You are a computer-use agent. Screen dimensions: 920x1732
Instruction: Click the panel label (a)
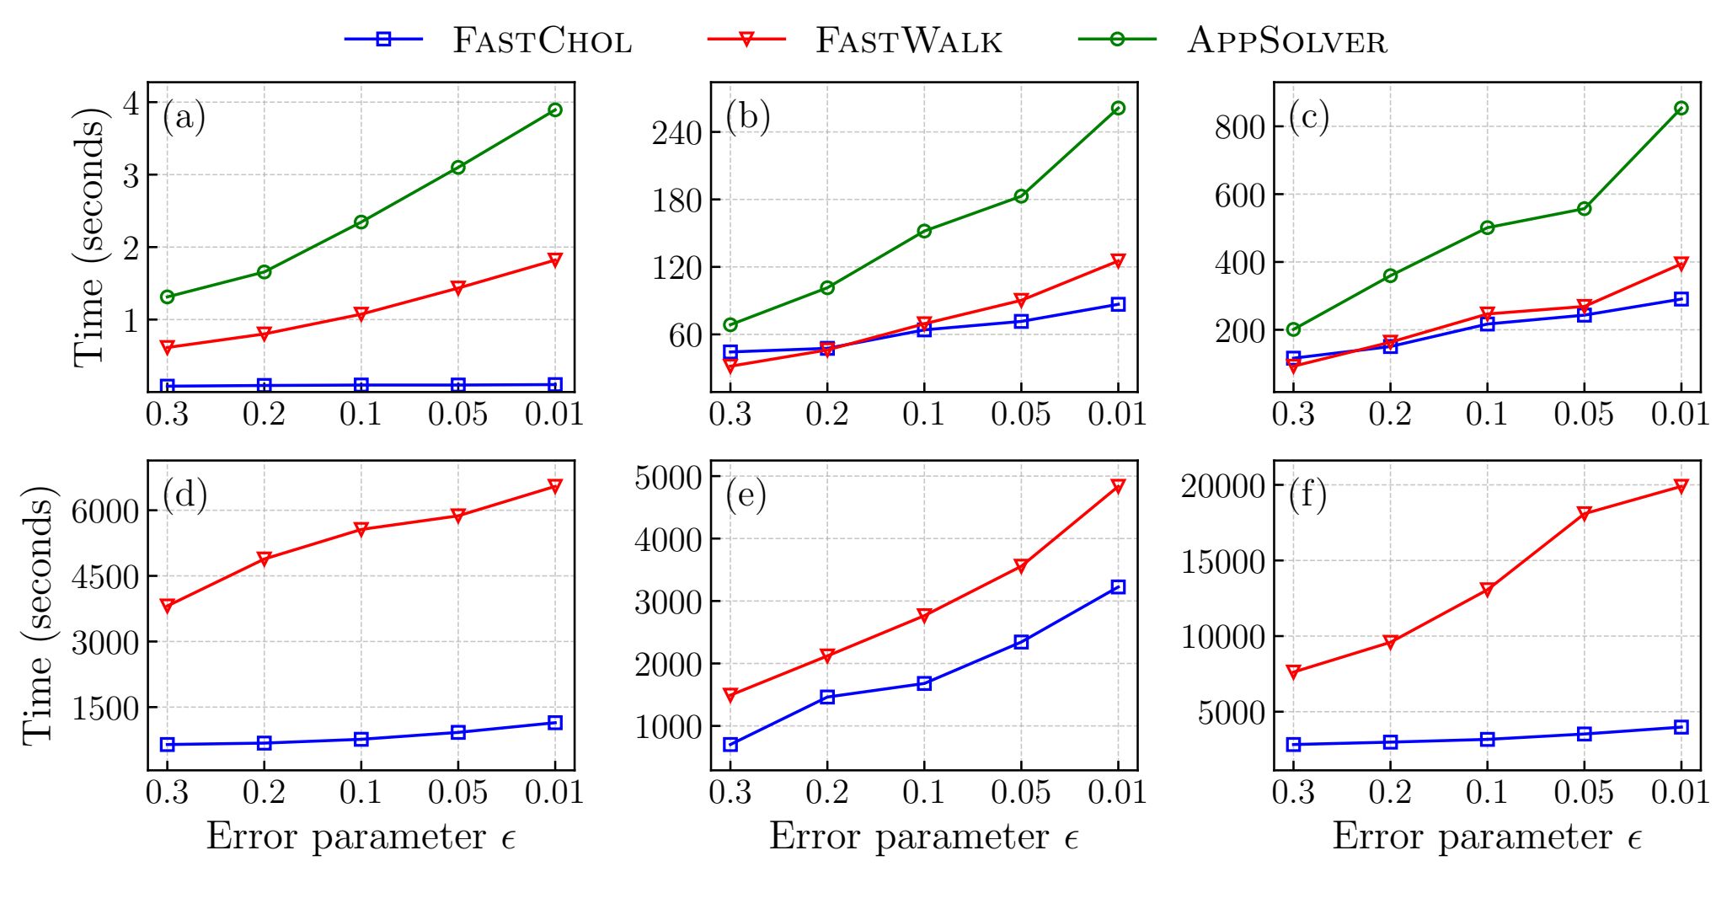pos(184,116)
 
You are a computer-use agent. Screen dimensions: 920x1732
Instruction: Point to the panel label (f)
pos(1307,494)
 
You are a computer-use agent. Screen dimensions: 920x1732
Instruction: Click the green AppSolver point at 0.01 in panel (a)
pos(554,110)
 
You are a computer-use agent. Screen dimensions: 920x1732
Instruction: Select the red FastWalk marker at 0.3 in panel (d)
pos(167,606)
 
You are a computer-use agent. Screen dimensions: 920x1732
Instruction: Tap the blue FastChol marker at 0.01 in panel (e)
pos(1118,586)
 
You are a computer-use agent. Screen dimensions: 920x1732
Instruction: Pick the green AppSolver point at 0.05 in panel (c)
pos(1584,208)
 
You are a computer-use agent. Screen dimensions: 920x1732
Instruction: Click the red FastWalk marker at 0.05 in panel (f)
pos(1584,514)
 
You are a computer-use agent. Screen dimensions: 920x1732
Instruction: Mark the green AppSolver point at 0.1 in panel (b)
pos(924,231)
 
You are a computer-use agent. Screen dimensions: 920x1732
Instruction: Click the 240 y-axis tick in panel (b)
pos(676,133)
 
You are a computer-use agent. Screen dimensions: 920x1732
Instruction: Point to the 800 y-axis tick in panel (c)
pos(1239,127)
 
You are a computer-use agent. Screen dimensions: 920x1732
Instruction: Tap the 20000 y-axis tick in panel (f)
pos(1223,486)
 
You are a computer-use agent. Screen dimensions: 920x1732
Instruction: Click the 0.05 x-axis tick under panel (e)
pos(1020,793)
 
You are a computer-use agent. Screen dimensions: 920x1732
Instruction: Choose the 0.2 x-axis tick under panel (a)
pos(264,415)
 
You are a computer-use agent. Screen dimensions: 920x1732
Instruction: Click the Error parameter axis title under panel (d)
pos(361,837)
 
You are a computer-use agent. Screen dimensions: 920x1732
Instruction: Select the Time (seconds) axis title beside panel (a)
pos(88,238)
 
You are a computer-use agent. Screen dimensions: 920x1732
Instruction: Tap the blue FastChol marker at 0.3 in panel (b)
pos(730,352)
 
